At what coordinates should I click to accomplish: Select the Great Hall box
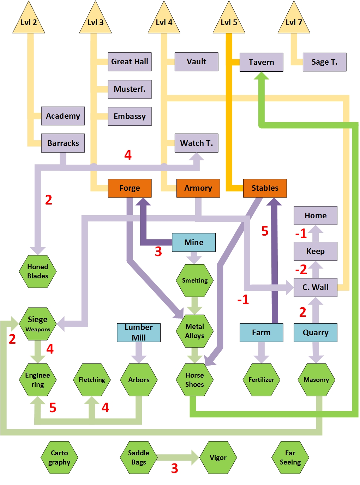(130, 62)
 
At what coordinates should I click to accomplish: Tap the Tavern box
(261, 62)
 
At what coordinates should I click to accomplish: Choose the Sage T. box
(324, 62)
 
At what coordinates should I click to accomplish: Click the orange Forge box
(130, 188)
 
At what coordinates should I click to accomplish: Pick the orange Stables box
(265, 188)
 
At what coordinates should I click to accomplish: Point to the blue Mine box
(194, 242)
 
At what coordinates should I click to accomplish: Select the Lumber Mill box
(139, 332)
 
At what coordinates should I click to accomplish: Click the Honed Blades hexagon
(38, 271)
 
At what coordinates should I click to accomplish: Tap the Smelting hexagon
(195, 280)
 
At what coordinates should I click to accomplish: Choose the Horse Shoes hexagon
(195, 380)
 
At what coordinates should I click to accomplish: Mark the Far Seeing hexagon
(290, 457)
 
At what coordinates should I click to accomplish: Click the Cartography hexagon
(59, 457)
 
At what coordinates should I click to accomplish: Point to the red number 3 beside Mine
(158, 252)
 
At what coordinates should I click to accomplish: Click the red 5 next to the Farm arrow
(265, 231)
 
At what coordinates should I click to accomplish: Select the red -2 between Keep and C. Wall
(301, 270)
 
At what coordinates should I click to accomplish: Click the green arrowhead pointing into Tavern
(262, 76)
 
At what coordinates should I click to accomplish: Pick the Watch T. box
(197, 143)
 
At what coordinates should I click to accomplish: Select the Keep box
(316, 251)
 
